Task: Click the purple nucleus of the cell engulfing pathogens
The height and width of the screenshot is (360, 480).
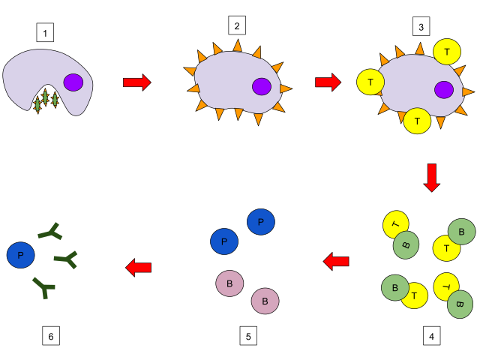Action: (73, 82)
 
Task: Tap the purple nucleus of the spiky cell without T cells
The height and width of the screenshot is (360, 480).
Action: (262, 86)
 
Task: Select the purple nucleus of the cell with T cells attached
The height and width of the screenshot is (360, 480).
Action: (444, 90)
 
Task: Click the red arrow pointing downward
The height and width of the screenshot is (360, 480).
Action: (432, 178)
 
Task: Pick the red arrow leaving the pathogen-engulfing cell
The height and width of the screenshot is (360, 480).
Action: (137, 82)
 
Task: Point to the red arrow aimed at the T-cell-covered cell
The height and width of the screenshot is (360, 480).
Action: (328, 82)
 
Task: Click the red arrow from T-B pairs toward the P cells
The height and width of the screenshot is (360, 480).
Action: (336, 261)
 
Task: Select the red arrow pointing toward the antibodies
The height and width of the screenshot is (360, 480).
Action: (139, 267)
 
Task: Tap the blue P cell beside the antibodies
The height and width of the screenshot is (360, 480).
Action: (21, 255)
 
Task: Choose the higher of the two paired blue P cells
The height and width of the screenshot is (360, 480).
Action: (261, 222)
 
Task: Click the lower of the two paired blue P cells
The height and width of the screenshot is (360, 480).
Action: (224, 241)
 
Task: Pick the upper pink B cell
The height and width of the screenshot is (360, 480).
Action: (229, 283)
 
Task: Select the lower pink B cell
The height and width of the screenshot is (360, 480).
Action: (265, 301)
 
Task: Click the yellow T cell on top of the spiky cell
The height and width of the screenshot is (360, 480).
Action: (447, 52)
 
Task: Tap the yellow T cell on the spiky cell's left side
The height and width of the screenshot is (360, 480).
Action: (370, 82)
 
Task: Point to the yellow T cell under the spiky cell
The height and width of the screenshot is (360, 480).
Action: (417, 121)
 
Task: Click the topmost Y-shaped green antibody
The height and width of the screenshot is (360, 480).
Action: (51, 232)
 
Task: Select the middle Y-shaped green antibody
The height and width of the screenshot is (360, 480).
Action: (67, 259)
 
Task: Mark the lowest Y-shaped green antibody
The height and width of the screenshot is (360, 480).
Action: (43, 286)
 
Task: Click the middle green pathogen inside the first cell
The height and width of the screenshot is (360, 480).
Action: (45, 97)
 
